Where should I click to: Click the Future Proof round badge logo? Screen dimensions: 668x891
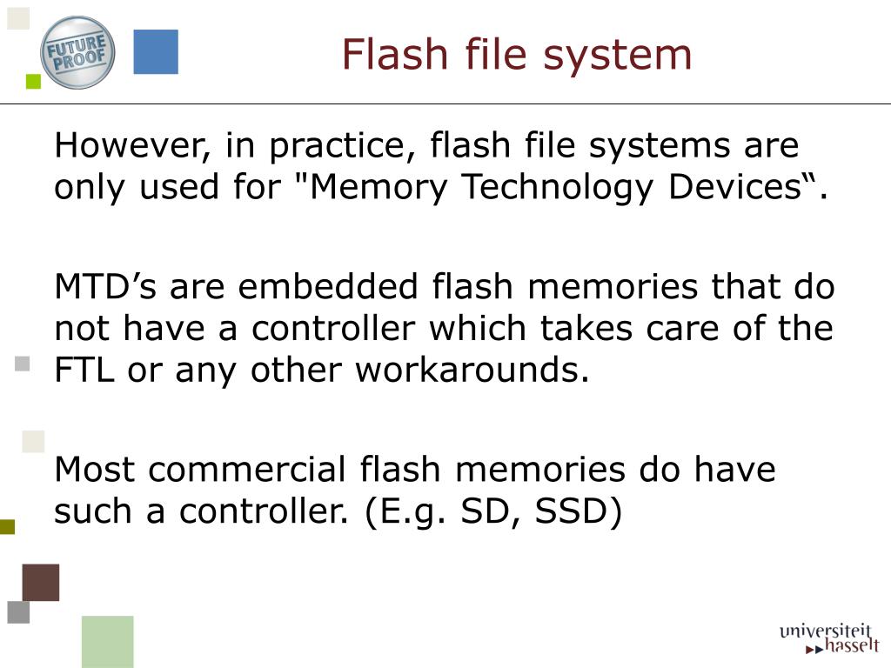click(x=77, y=52)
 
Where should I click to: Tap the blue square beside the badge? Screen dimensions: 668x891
click(x=156, y=52)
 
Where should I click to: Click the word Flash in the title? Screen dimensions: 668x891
click(x=384, y=54)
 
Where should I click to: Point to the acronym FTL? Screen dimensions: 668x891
click(x=84, y=371)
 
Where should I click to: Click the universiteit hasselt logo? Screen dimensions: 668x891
click(x=829, y=638)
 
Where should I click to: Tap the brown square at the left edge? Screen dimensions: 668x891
click(x=41, y=582)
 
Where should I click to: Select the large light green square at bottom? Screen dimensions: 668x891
click(x=108, y=641)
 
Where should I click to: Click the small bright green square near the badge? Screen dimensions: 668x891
click(x=34, y=82)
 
